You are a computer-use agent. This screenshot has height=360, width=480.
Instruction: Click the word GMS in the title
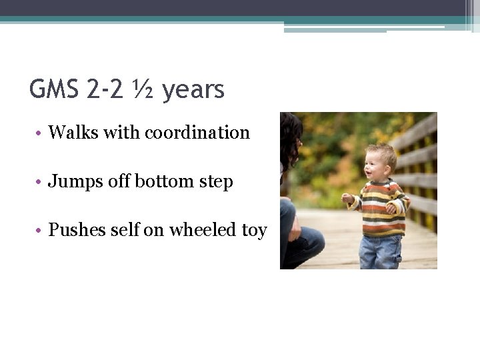point(57,89)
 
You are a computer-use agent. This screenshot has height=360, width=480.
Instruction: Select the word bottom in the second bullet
point(155,181)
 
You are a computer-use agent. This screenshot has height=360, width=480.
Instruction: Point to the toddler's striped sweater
point(380,207)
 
